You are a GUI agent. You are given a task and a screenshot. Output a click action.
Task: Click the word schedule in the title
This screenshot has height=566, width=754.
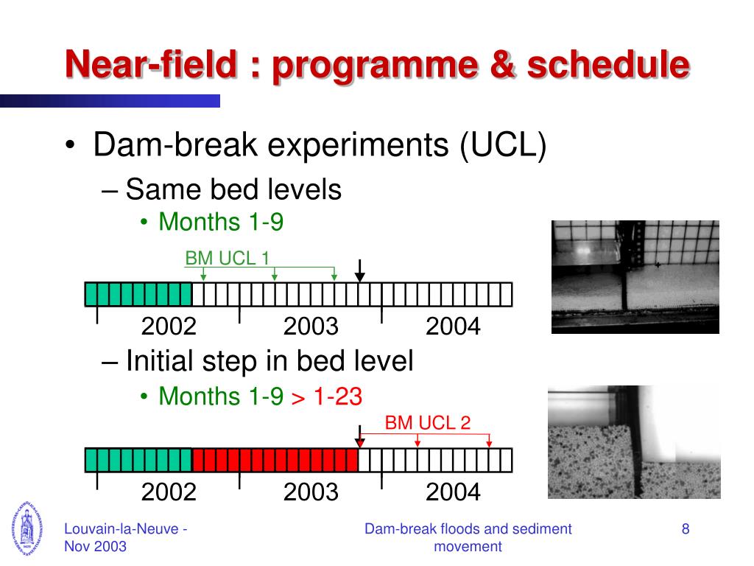pos(609,65)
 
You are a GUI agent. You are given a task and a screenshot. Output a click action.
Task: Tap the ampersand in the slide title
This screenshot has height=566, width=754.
pos(502,65)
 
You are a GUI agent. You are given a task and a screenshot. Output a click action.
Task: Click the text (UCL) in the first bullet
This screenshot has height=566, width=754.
pos(503,144)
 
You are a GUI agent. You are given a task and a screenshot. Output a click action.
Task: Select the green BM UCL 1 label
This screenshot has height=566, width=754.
pos(228,259)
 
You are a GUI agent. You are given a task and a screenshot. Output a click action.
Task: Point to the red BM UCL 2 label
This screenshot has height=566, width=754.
pos(428,422)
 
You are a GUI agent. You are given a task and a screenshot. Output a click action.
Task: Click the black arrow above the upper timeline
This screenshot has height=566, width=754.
pos(359,271)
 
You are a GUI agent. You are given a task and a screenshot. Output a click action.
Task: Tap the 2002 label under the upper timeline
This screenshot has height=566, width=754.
pos(169,326)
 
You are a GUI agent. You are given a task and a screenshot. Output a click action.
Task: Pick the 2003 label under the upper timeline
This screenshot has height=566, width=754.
pos(311,326)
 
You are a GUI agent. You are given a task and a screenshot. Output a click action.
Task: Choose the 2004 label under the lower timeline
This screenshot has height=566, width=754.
pos(453,492)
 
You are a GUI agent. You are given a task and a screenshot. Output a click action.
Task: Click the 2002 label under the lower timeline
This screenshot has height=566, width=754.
pos(169,492)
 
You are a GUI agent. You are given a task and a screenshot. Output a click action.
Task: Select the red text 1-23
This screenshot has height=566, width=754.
pos(337,396)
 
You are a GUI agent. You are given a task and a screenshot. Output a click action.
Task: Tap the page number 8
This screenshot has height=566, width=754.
pos(686,529)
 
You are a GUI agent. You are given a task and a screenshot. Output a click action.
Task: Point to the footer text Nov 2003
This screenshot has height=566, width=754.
pos(95,547)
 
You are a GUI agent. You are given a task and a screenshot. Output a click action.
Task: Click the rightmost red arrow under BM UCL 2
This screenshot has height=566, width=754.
pos(489,441)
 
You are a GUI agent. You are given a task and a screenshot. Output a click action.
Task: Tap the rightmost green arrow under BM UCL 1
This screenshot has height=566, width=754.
pos(334,274)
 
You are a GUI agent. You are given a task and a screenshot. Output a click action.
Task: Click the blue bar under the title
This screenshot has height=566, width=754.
pos(110,101)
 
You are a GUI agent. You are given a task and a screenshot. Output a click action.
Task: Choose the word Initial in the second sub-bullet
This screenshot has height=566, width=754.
pos(160,361)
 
